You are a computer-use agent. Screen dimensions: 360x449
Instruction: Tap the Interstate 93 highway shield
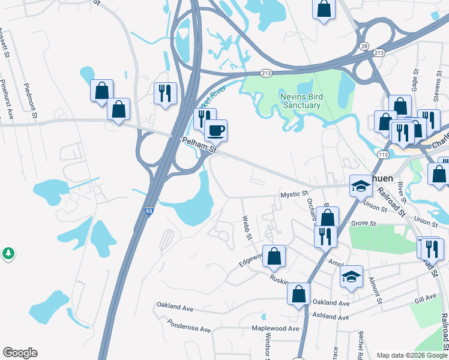pos(148,212)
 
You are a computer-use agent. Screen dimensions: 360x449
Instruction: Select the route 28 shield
pos(364,46)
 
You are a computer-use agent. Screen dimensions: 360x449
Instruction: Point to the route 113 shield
pos(382,155)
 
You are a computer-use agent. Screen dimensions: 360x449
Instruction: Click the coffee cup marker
pos(215,130)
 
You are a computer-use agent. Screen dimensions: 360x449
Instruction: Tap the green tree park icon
pos(8,253)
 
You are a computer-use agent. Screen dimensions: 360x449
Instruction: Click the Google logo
pos(20,353)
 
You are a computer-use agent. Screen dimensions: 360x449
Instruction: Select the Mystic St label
pos(294,194)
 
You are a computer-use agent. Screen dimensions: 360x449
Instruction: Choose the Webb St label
pos(247,229)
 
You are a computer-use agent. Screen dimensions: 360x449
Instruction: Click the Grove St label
pos(364,224)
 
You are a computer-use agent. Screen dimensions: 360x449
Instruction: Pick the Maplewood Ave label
pos(275,328)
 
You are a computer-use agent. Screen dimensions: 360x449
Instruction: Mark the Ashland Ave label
pos(330,317)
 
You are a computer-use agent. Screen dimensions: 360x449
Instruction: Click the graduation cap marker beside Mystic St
pos(361,187)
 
